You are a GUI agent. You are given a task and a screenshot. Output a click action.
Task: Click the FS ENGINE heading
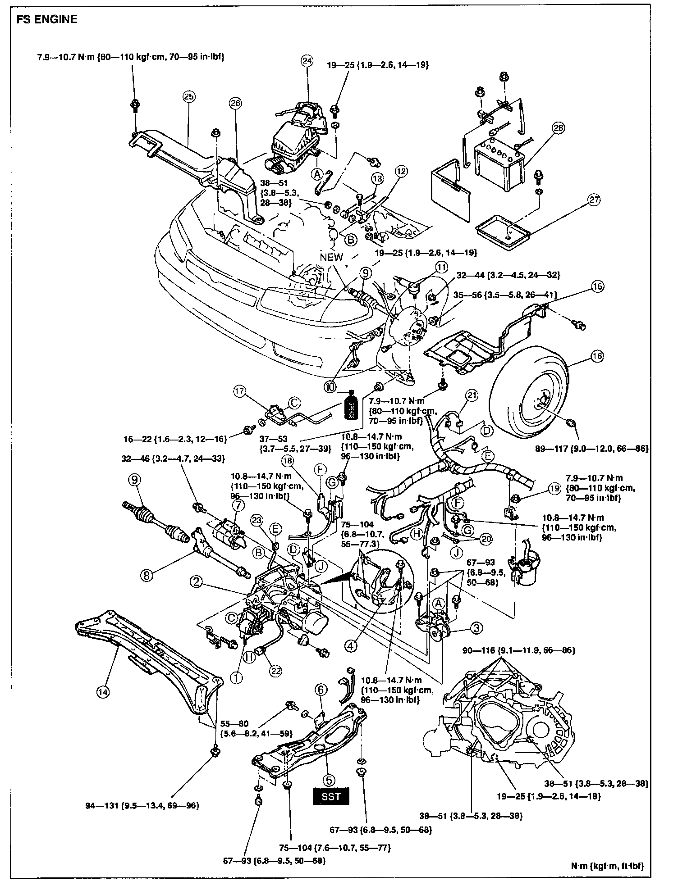[46, 19]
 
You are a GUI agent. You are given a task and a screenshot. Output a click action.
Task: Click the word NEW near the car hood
[331, 257]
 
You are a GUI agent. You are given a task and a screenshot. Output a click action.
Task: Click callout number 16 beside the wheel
[597, 356]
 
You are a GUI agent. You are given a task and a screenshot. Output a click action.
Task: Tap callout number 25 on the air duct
[188, 96]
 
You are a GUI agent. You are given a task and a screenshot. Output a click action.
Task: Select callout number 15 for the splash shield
[598, 286]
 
